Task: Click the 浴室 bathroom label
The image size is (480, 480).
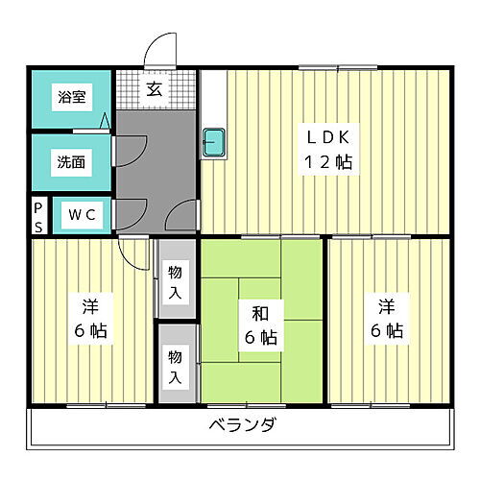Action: point(70,97)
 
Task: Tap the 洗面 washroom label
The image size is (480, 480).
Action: point(70,161)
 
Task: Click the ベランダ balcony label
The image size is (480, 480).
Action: point(241,426)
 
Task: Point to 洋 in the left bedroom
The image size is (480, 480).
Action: point(89,307)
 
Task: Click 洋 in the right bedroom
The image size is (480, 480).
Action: point(386,307)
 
